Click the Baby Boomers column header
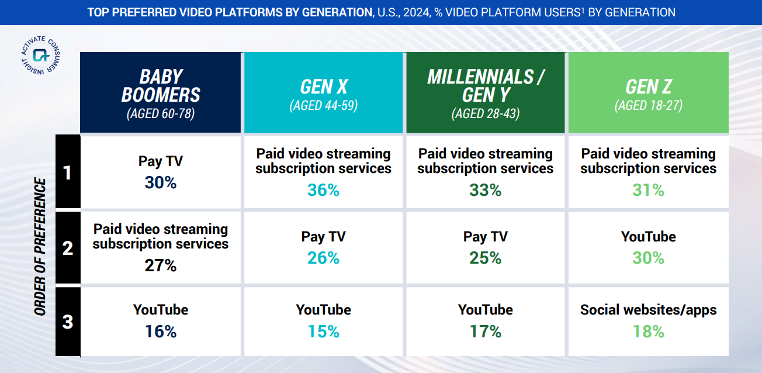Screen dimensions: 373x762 (160, 92)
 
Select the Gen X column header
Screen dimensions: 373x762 (323, 92)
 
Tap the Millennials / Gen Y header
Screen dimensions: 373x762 (485, 92)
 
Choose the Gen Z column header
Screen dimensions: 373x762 (648, 92)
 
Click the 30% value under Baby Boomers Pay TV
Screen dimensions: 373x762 (160, 183)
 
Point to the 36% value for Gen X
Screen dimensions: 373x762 (323, 191)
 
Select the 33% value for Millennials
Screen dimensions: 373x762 (485, 191)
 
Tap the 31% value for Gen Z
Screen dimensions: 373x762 (648, 191)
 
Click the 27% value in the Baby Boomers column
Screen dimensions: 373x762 (160, 266)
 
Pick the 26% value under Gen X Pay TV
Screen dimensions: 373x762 (323, 258)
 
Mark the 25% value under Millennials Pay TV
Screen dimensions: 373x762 (485, 258)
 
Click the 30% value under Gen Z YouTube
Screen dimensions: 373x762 (648, 258)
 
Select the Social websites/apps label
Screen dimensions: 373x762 (648, 310)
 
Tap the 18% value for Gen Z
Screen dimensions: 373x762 (648, 331)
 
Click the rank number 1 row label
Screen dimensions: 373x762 (68, 173)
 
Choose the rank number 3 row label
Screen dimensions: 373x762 (68, 322)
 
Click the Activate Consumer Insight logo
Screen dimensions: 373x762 (41, 55)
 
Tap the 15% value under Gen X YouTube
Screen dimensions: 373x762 (323, 331)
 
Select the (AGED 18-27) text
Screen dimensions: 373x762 (648, 106)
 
